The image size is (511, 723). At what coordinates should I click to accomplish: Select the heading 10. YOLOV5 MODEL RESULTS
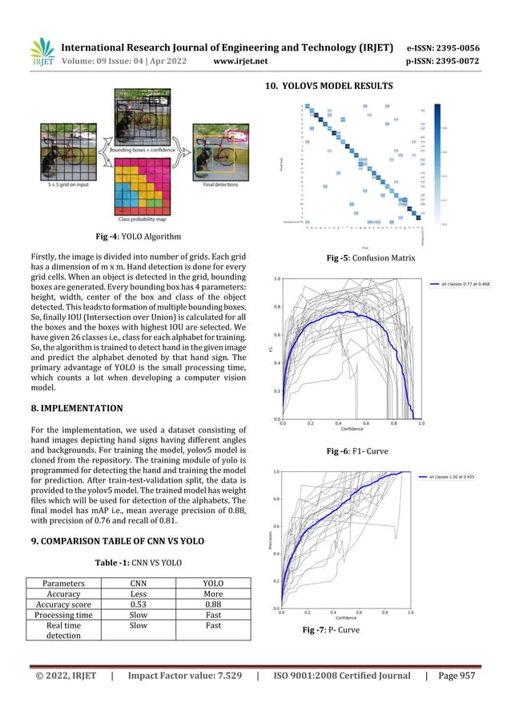coord(323,86)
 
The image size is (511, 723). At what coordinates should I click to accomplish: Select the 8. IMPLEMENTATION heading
coord(66,408)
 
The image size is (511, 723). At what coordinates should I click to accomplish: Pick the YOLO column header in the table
coord(212,584)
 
